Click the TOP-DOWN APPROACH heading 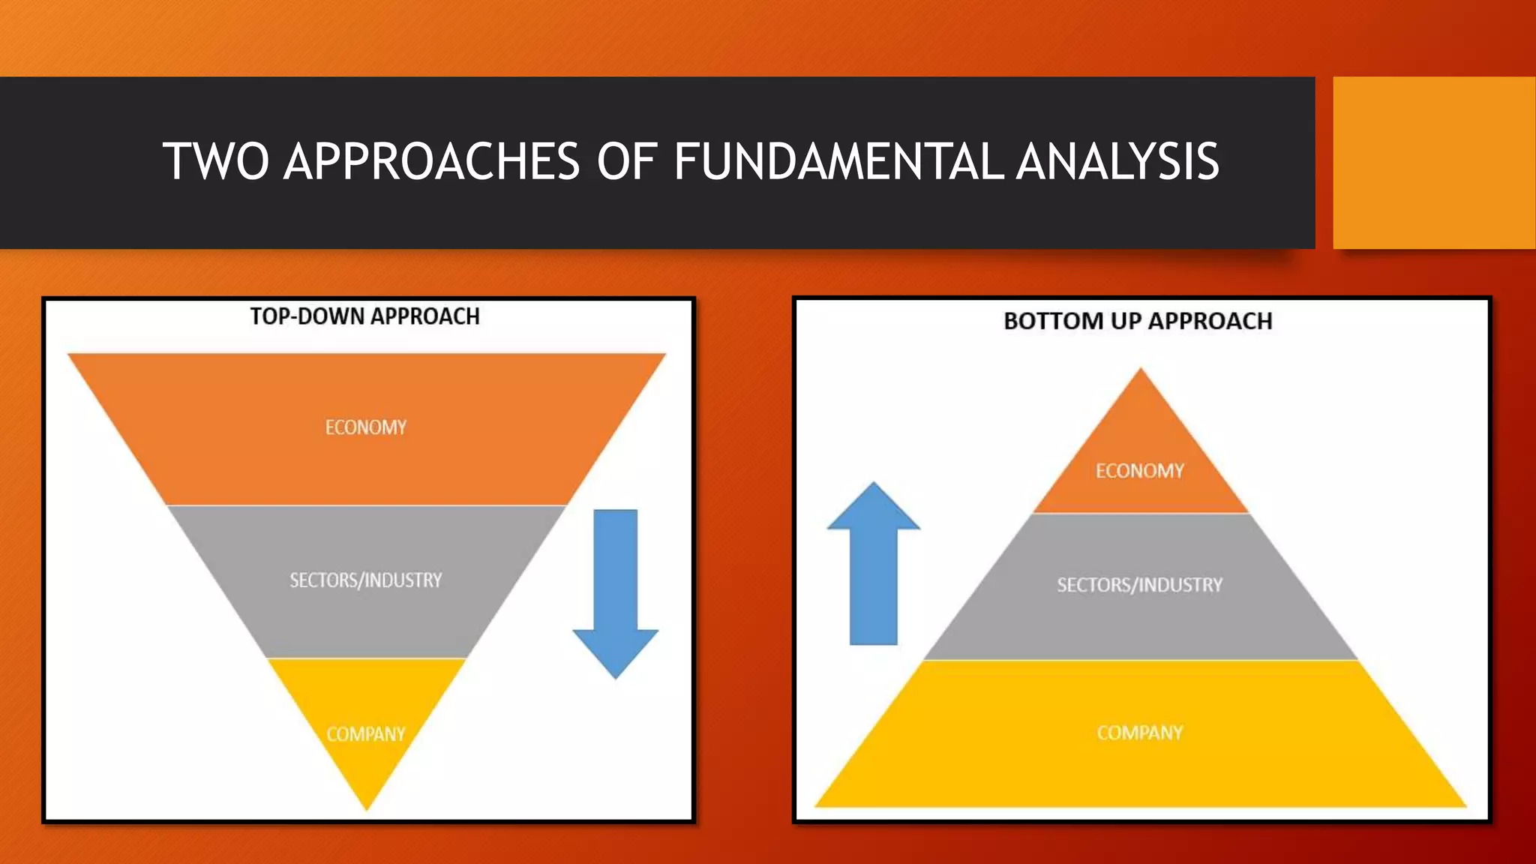coord(364,316)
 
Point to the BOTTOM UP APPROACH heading coord(1138,321)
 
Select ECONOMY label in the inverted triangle coord(366,427)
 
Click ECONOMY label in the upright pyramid coord(1140,471)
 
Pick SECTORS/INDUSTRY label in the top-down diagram coord(366,580)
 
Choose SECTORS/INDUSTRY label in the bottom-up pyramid coord(1140,585)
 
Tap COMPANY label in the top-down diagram coord(366,733)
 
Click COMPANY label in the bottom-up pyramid coord(1140,733)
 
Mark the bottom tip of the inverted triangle coord(367,805)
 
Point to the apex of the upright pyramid coord(1141,372)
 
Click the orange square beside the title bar coord(1434,162)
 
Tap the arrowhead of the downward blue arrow coord(616,652)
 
